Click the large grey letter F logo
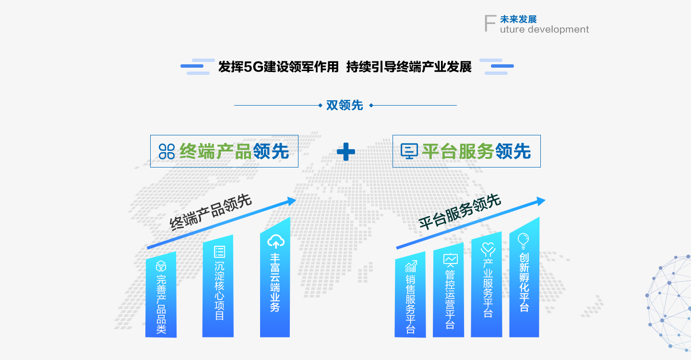tap(490, 23)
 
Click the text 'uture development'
tap(544, 29)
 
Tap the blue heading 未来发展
tap(518, 19)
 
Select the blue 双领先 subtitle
tap(345, 105)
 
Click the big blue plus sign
tap(346, 152)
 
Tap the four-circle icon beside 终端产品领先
tap(167, 151)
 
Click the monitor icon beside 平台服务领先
tap(409, 151)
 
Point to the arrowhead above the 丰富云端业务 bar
tap(292, 201)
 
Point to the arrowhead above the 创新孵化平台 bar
tap(541, 201)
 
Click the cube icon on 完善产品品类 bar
tap(161, 266)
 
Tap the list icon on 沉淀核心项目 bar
tap(219, 252)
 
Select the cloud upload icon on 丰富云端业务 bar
tap(276, 241)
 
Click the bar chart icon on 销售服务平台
tap(411, 266)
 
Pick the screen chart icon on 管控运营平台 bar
tap(451, 260)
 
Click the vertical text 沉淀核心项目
tap(219, 291)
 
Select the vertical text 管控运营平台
tap(450, 300)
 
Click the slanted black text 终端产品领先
tap(211, 212)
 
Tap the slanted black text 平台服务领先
tap(460, 212)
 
